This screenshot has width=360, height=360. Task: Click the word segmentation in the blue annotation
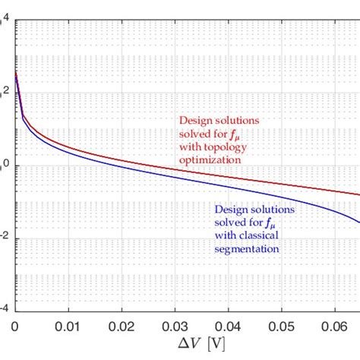pos(244,248)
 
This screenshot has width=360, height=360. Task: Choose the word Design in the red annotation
pos(194,120)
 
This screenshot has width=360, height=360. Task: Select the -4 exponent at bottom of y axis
pos(4,309)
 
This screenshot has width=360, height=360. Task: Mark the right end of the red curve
pos(358,195)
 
